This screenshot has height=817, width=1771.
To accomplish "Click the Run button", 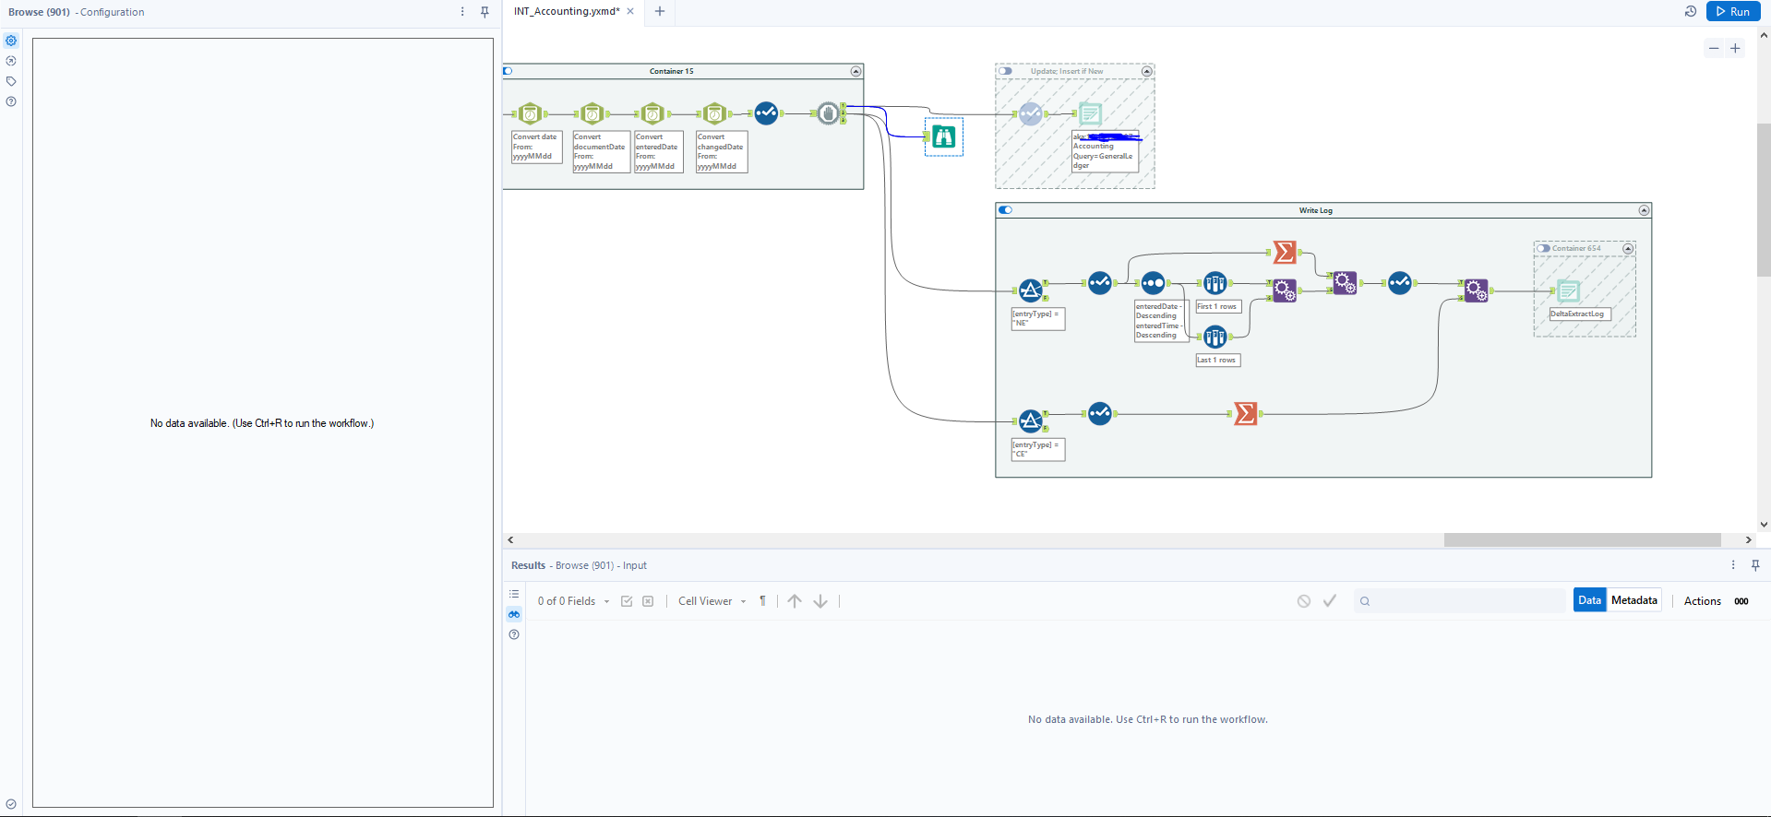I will pyautogui.click(x=1731, y=11).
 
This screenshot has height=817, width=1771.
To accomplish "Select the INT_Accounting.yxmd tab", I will pyautogui.click(x=566, y=11).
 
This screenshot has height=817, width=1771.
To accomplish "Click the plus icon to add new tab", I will pyautogui.click(x=660, y=11).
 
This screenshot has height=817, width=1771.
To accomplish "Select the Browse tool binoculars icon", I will pyautogui.click(x=943, y=136).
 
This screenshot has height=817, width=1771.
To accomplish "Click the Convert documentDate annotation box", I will pyautogui.click(x=600, y=151).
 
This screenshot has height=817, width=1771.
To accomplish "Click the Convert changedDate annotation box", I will pyautogui.click(x=721, y=151).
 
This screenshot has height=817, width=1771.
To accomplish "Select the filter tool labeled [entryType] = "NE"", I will pyautogui.click(x=1031, y=290).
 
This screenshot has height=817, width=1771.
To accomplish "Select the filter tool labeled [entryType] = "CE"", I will pyautogui.click(x=1031, y=421).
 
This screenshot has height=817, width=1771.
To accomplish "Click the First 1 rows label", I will pyautogui.click(x=1217, y=306).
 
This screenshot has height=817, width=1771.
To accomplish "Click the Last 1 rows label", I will pyautogui.click(x=1217, y=360).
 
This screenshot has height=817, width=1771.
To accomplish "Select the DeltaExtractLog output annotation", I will pyautogui.click(x=1578, y=314).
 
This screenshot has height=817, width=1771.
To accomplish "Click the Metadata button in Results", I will pyautogui.click(x=1633, y=600).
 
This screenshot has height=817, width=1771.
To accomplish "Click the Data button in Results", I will pyautogui.click(x=1589, y=600).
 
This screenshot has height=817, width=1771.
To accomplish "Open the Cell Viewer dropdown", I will pyautogui.click(x=712, y=601).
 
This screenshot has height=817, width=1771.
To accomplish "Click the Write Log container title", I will pyautogui.click(x=1315, y=210).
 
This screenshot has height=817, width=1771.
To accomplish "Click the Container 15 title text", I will pyautogui.click(x=671, y=71).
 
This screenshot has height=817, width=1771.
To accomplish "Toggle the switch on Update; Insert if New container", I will pyautogui.click(x=1006, y=71).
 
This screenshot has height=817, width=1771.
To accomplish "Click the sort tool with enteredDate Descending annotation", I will pyautogui.click(x=1153, y=283).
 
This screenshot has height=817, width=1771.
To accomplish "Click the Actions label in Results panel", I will pyautogui.click(x=1702, y=601).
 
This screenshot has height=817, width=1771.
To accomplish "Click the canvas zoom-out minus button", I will pyautogui.click(x=1714, y=49).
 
